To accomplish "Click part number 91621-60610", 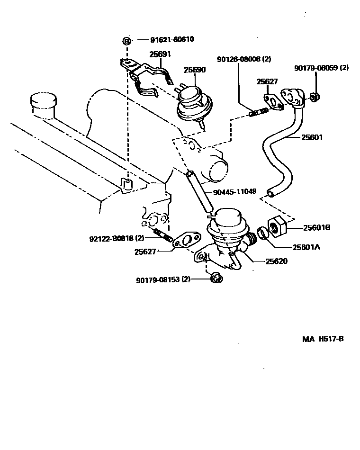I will click(x=166, y=40).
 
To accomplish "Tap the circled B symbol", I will click(x=126, y=41).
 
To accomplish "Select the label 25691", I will click(x=160, y=54).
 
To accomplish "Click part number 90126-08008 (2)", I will click(x=244, y=60).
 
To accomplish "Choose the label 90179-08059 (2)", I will click(x=321, y=68).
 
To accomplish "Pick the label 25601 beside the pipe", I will click(x=311, y=138).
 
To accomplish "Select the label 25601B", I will click(x=315, y=227).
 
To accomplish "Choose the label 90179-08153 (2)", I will click(x=163, y=279).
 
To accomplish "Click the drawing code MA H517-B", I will click(x=323, y=339).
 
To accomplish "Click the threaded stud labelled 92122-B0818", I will click(x=162, y=234).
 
